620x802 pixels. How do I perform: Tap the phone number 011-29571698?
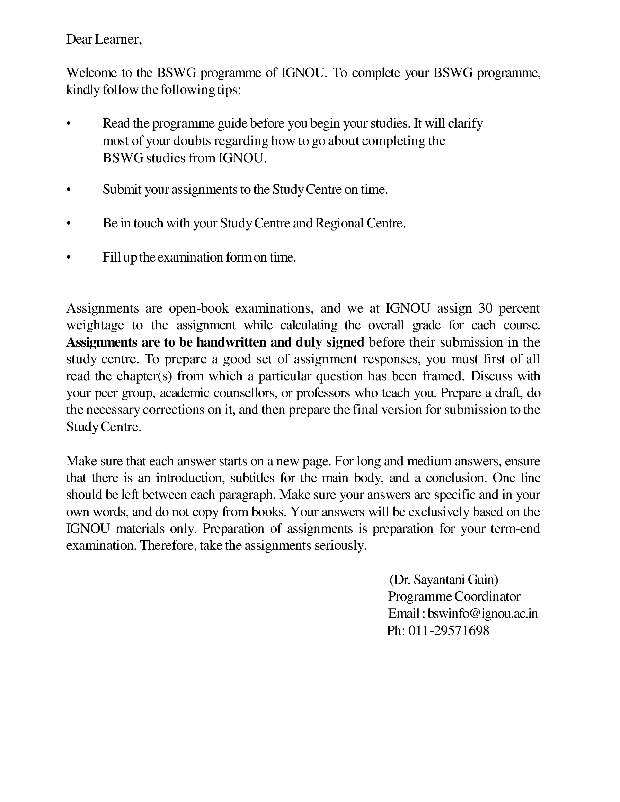(449, 630)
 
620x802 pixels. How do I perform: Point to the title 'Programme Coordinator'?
(454, 596)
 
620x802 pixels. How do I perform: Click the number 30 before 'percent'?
(485, 308)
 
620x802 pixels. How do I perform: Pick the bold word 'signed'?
(345, 342)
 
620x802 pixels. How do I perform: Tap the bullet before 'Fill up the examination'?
(68, 258)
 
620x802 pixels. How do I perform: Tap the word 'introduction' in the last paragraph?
(190, 478)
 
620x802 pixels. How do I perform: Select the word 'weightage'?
(95, 325)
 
